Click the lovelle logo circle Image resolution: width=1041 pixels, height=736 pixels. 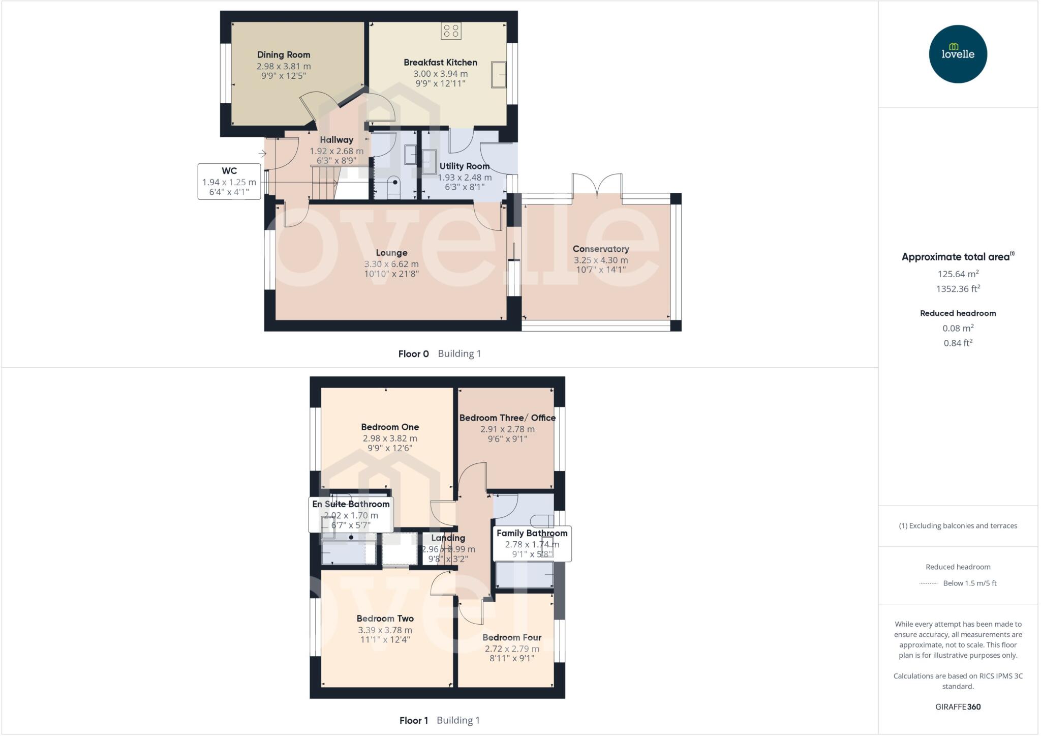958,54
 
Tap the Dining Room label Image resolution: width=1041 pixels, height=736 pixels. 283,55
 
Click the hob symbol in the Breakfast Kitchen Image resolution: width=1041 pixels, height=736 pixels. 451,31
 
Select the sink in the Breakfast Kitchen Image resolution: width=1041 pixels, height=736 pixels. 499,75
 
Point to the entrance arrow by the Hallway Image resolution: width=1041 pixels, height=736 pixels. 262,154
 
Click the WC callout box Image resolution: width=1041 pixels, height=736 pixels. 229,181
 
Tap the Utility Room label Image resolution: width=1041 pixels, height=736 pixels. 464,166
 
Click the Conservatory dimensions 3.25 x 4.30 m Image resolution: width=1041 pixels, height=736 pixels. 601,260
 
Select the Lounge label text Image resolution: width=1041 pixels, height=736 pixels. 391,253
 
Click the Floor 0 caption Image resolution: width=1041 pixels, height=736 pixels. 413,354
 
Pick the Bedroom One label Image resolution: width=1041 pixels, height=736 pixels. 390,427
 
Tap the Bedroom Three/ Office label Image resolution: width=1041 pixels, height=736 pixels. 507,418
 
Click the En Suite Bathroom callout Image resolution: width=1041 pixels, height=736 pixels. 351,514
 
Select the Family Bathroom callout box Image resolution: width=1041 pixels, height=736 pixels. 532,543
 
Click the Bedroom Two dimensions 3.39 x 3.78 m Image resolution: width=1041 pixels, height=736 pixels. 385,630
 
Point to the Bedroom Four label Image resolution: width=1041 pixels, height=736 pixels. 512,638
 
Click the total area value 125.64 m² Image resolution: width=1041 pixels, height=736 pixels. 958,274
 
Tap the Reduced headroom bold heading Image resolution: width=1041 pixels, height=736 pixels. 958,313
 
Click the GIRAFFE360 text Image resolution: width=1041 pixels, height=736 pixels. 958,707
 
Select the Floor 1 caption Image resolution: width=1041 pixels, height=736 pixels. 414,720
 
